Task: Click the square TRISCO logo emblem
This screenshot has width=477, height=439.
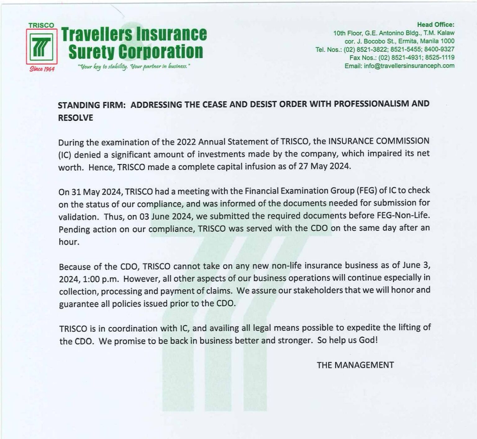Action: (x=42, y=46)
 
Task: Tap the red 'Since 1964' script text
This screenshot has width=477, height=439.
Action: (x=42, y=69)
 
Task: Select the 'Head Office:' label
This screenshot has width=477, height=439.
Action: (x=435, y=24)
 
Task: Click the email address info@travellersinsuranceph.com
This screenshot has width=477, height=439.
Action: (x=409, y=66)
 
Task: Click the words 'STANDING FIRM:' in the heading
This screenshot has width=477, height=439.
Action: (x=92, y=105)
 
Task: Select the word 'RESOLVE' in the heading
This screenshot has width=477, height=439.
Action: (x=75, y=118)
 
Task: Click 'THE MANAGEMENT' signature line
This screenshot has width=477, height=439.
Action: (x=355, y=365)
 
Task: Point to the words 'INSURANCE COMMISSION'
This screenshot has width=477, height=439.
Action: (x=379, y=141)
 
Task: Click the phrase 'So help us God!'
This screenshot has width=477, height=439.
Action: (x=348, y=340)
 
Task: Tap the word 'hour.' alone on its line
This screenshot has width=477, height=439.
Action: (x=69, y=242)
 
